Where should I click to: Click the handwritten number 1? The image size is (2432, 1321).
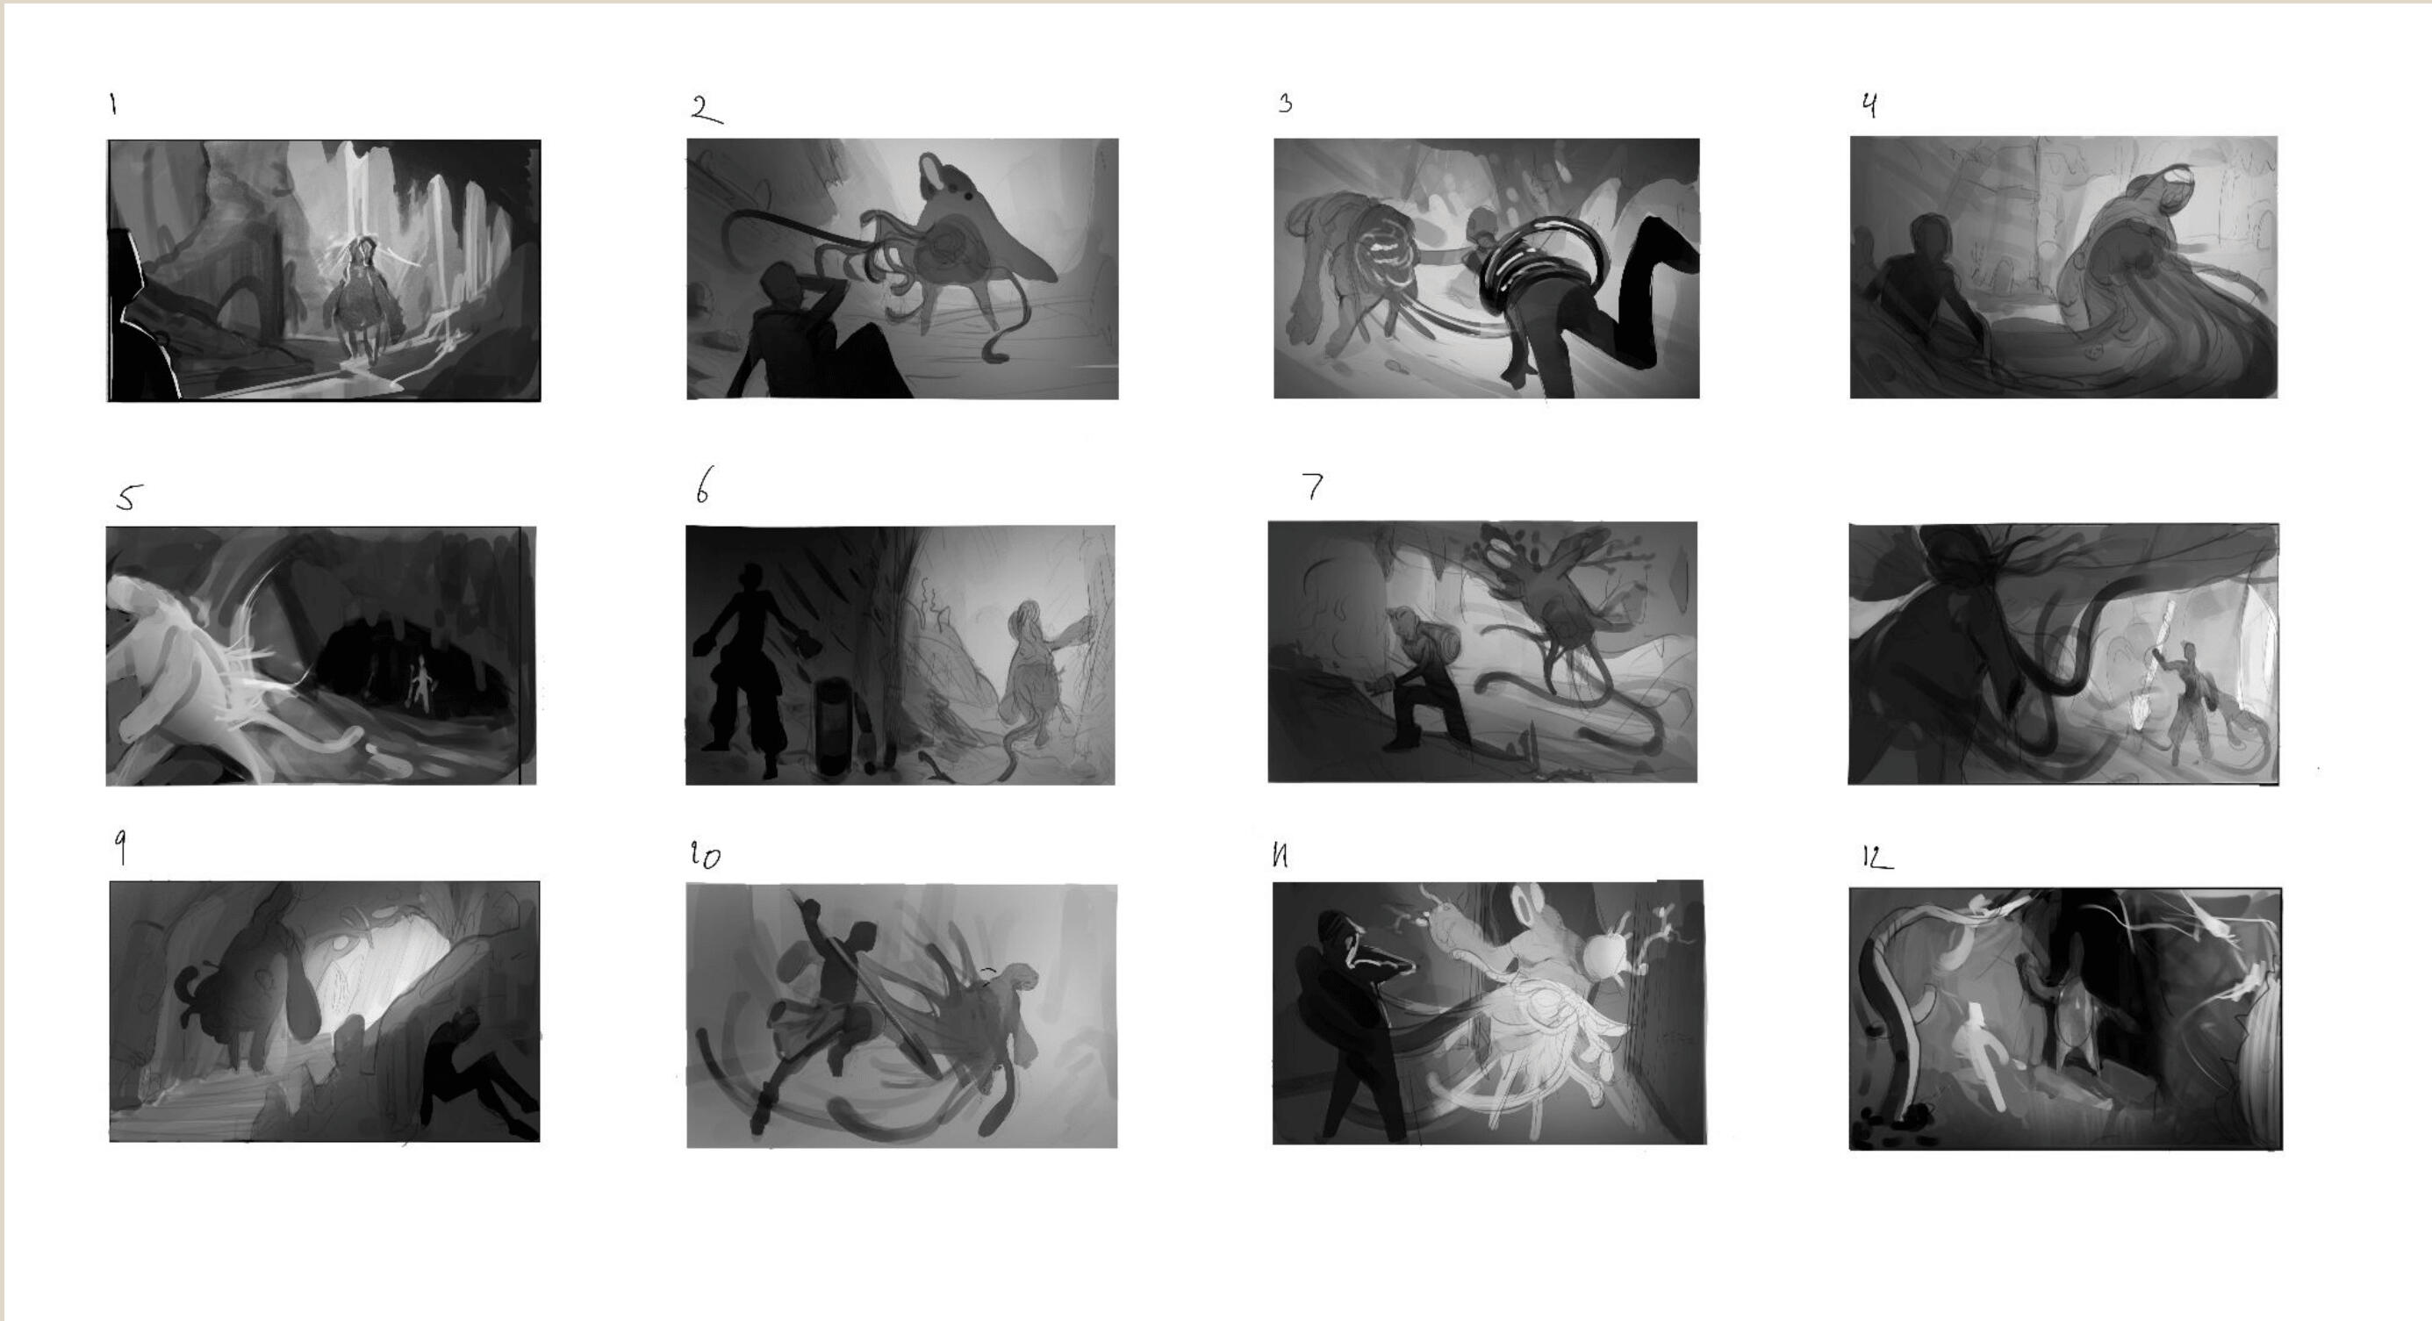[113, 104]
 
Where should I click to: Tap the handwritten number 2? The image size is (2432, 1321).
[707, 110]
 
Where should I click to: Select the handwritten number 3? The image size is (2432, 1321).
[1285, 103]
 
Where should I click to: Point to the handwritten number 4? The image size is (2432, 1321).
[1869, 104]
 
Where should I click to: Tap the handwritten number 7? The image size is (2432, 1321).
[1313, 485]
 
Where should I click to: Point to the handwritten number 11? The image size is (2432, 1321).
[1281, 856]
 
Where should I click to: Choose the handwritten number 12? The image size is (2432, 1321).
[1876, 857]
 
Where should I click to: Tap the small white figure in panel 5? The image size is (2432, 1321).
[421, 685]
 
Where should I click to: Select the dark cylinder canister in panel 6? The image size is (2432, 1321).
[833, 727]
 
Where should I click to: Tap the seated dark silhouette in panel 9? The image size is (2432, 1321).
[477, 1072]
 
